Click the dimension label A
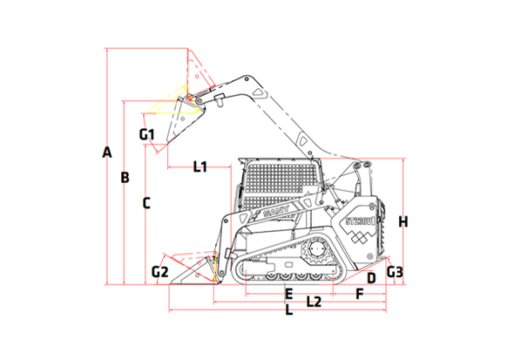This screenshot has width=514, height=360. [107, 153]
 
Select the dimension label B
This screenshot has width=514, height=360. [125, 178]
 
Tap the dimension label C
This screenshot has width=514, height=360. [146, 203]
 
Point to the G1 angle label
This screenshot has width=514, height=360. [146, 134]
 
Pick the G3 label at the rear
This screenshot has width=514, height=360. [395, 272]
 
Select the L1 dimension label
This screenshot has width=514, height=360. [200, 166]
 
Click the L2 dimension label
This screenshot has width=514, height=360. [314, 302]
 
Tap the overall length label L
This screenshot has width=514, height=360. [289, 311]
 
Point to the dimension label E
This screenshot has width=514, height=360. [288, 293]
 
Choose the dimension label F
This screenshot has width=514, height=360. [359, 293]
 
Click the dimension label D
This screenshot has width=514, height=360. [370, 278]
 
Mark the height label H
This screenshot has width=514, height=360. [402, 221]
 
